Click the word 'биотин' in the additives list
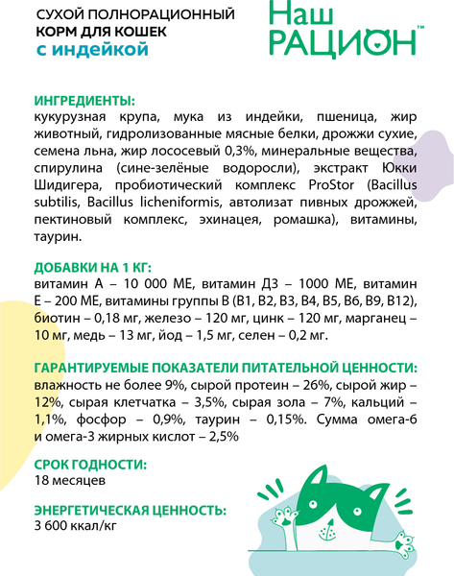click(55, 317)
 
